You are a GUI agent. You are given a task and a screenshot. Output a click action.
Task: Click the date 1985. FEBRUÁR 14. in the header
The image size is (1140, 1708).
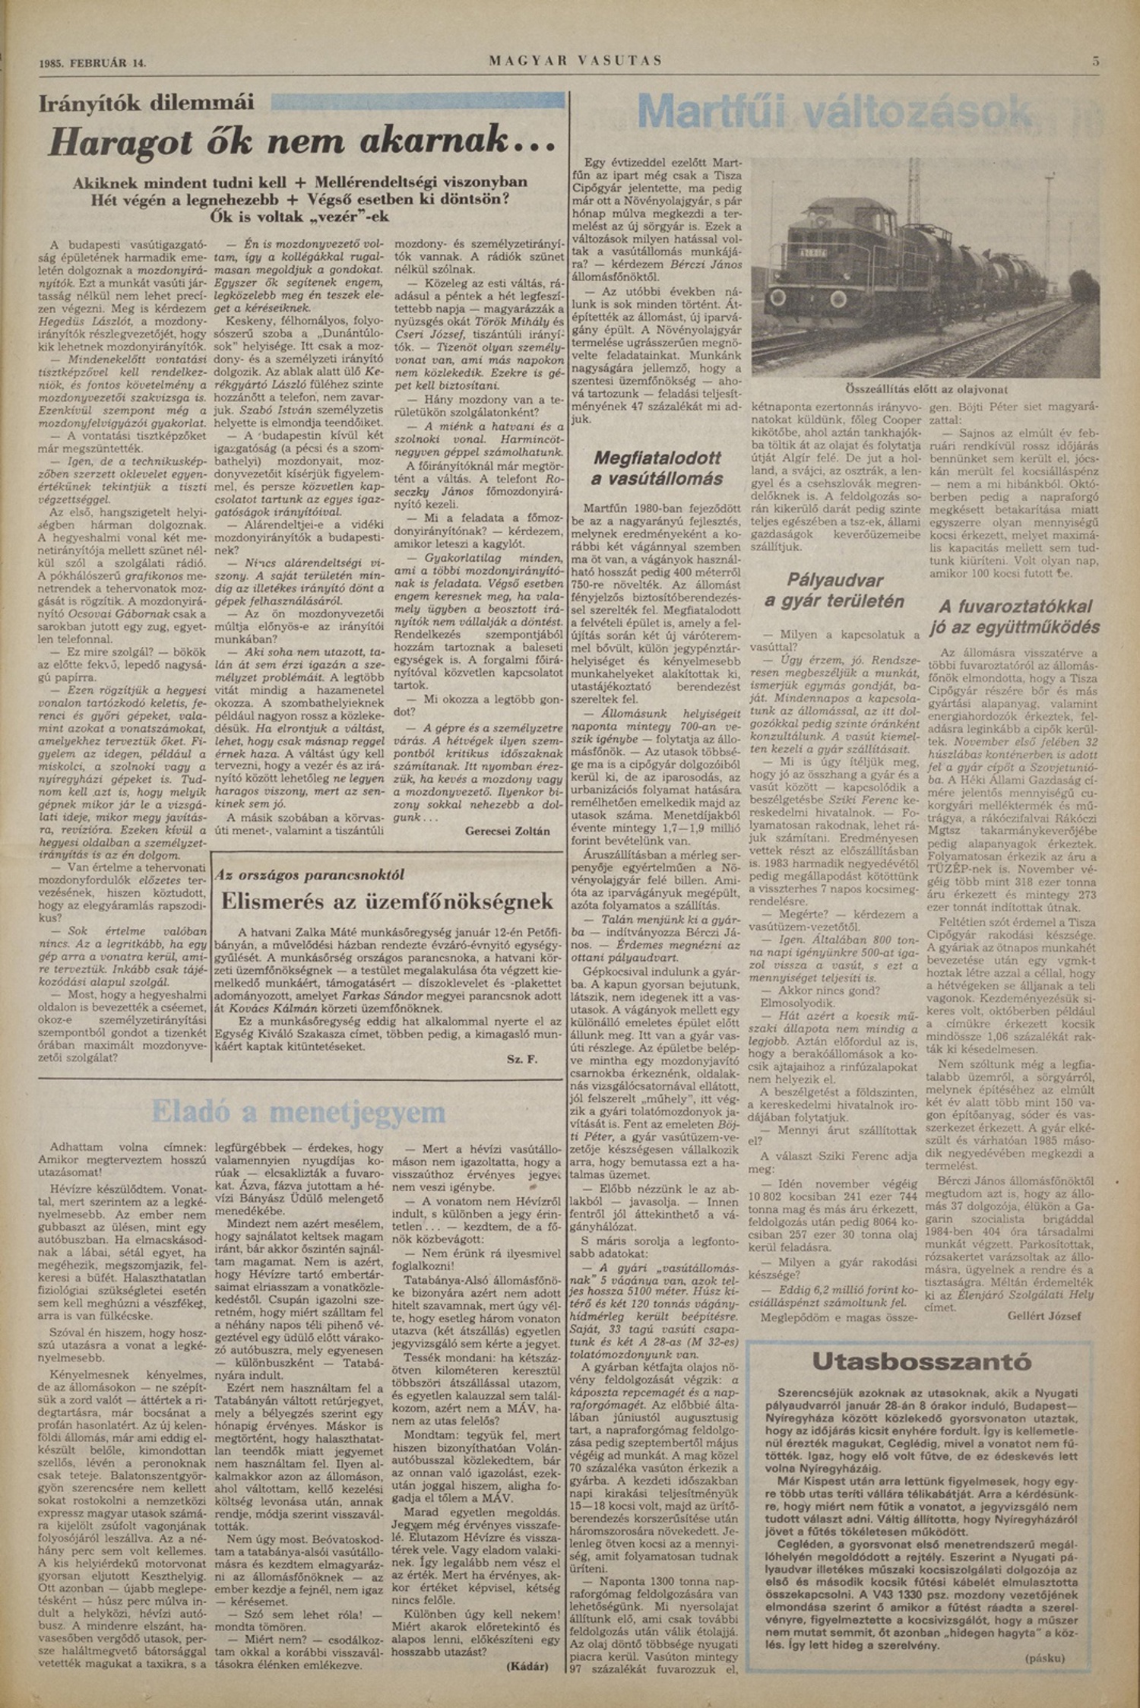(x=92, y=63)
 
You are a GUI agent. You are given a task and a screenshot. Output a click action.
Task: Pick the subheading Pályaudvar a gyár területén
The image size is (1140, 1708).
(x=835, y=591)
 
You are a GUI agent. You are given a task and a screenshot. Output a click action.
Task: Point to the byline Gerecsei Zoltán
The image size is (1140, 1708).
(x=507, y=831)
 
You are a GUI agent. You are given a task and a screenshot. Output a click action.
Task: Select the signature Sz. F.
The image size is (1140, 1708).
(x=521, y=1059)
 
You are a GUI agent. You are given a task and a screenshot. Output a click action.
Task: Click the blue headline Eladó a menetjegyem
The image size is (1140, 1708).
(x=297, y=1111)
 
